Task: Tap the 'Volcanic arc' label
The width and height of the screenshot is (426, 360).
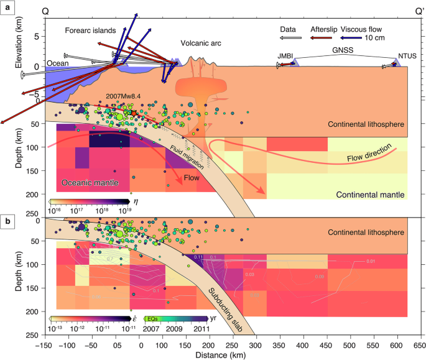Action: (201, 43)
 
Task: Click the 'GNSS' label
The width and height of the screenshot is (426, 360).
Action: (341, 48)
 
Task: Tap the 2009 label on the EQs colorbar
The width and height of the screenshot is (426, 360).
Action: (175, 328)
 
